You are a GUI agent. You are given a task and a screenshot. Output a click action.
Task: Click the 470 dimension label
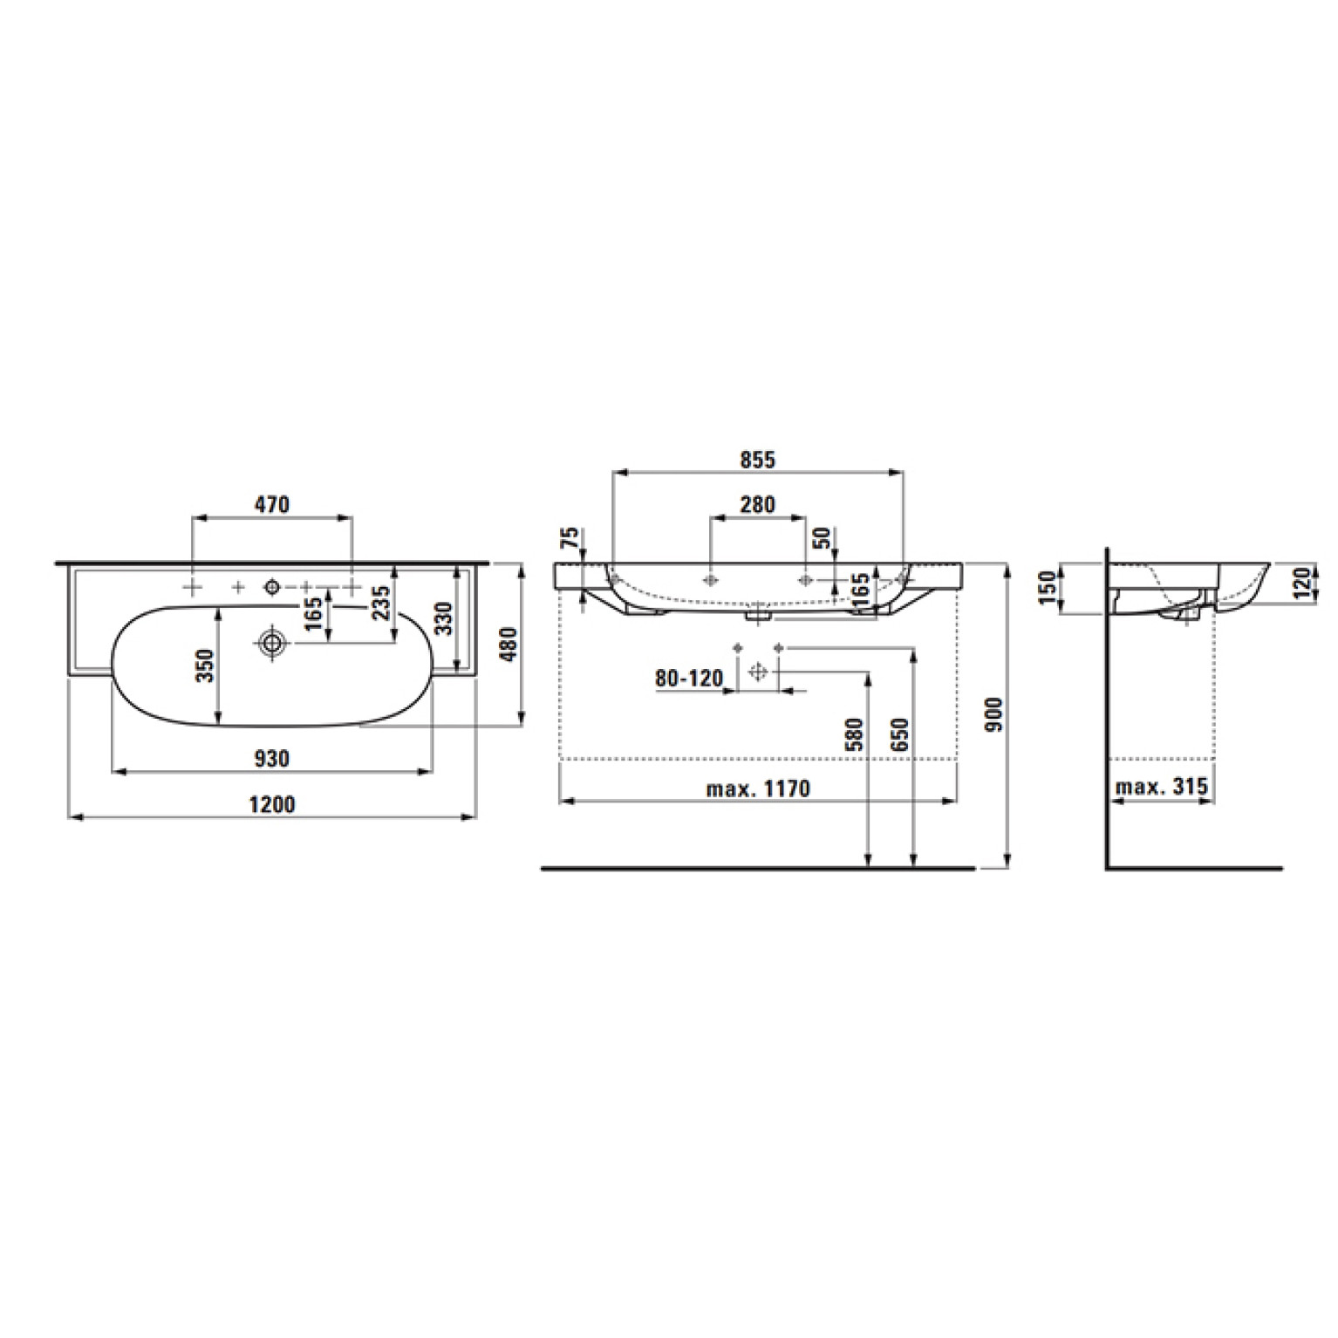[272, 504]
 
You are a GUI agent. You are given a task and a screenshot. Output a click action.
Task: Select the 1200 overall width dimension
[272, 803]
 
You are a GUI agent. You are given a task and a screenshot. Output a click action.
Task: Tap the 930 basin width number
[272, 759]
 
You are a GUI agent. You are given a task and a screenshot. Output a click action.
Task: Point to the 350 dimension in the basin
[204, 666]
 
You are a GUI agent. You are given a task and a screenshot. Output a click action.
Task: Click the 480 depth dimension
[509, 644]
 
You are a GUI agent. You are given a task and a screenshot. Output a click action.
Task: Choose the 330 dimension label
[444, 618]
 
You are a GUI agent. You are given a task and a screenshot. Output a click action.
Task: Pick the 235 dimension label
[381, 603]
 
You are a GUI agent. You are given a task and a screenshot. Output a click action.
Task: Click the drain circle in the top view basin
[273, 644]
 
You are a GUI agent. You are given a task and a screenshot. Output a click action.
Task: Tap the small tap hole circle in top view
[272, 587]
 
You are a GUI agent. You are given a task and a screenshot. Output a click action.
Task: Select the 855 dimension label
[757, 460]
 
